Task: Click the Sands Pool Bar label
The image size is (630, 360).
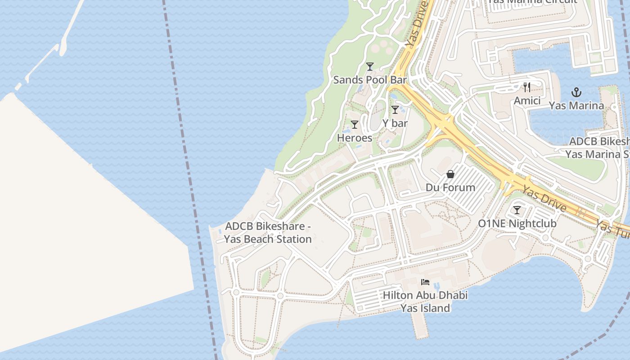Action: click(x=369, y=80)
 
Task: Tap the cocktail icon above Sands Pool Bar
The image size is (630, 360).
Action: click(x=370, y=67)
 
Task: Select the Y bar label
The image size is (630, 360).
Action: click(x=395, y=123)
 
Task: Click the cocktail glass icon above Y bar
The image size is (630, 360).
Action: click(x=395, y=109)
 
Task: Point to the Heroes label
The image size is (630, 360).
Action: click(x=355, y=138)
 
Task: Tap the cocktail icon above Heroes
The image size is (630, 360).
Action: click(x=355, y=125)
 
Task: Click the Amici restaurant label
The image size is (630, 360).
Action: click(x=527, y=101)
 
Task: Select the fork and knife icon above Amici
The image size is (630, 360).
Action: click(x=527, y=87)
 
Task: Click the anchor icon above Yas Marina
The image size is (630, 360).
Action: click(x=576, y=93)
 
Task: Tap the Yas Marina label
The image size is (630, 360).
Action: click(x=576, y=106)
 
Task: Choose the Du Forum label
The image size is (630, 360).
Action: click(x=450, y=188)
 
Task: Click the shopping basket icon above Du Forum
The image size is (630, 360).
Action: click(x=450, y=174)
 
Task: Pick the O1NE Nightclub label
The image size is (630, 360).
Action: click(x=517, y=224)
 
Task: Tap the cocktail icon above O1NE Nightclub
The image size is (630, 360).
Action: click(x=517, y=210)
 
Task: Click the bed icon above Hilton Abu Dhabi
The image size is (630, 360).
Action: click(x=425, y=282)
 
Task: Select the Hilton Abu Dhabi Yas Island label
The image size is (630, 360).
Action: click(x=425, y=302)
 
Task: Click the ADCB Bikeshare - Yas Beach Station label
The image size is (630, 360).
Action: click(x=268, y=233)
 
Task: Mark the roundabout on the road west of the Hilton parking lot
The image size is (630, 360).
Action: click(x=280, y=296)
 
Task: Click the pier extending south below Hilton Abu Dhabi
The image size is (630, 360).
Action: click(x=420, y=324)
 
